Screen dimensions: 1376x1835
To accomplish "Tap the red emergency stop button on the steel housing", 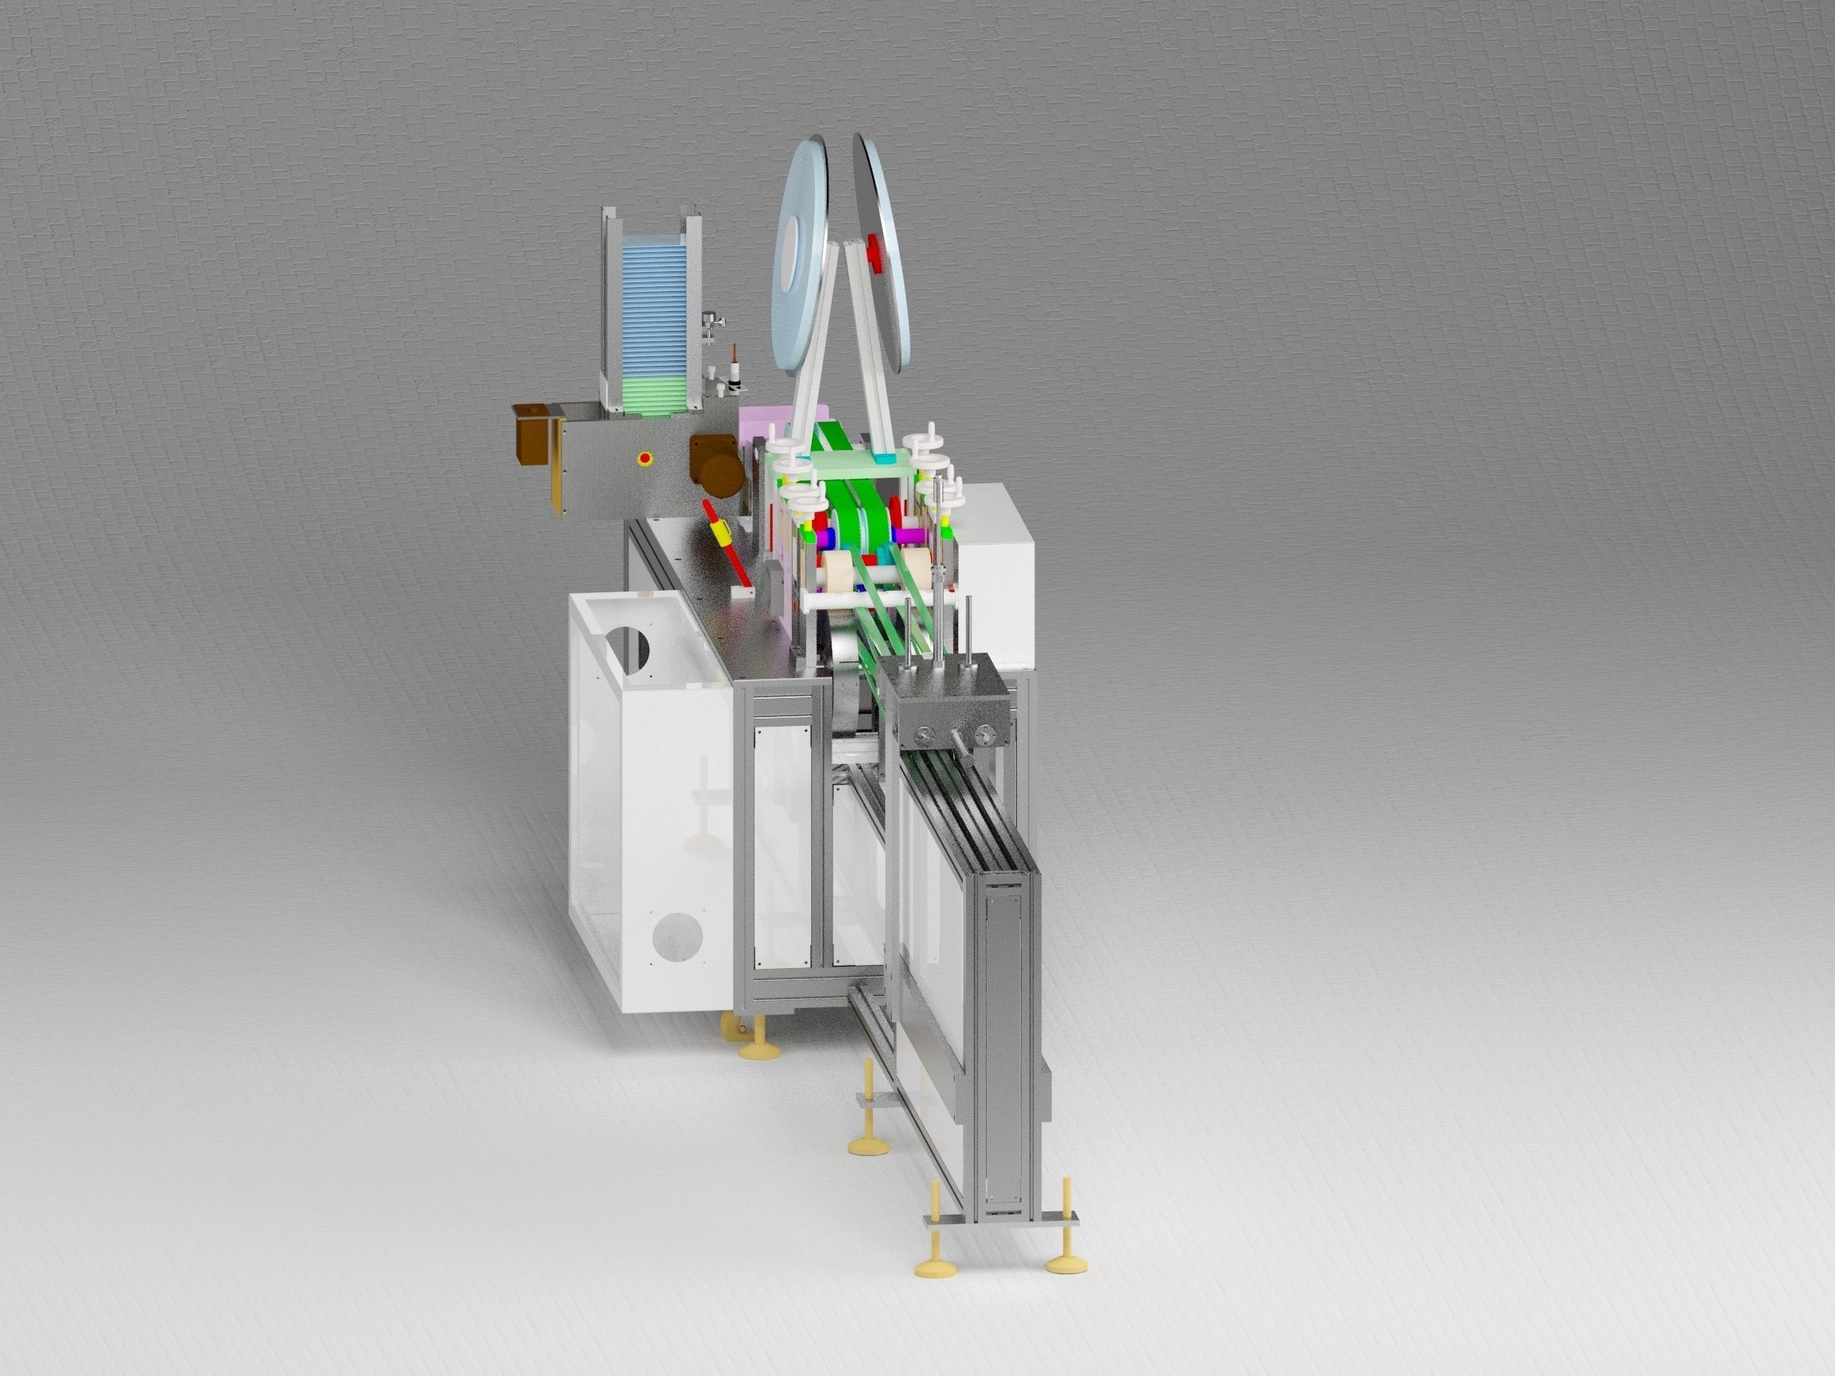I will point(643,457).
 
